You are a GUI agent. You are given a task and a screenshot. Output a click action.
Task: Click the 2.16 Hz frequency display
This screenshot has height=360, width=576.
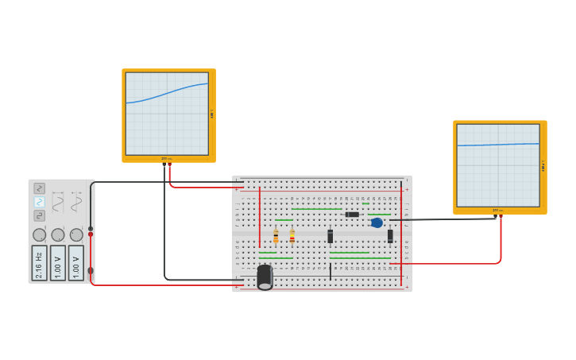39,262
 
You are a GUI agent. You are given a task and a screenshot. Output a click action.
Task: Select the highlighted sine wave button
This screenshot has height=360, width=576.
39,202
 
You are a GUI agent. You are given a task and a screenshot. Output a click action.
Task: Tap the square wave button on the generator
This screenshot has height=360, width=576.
39,215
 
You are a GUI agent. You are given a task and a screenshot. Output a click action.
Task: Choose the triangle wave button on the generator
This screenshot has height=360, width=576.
39,188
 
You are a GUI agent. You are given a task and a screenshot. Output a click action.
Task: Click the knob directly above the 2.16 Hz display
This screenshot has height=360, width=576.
39,235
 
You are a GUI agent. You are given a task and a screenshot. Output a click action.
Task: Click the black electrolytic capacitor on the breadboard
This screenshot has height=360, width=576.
265,277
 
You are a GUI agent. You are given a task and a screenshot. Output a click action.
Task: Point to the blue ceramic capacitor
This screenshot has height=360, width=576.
377,223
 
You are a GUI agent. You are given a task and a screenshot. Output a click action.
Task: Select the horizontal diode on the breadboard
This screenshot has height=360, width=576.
352,215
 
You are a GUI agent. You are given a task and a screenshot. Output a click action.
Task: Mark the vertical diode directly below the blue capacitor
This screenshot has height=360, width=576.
390,236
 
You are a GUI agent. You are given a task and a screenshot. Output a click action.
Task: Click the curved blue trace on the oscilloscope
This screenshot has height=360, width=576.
167,95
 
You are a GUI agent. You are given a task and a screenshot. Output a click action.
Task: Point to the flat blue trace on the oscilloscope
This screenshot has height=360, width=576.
498,145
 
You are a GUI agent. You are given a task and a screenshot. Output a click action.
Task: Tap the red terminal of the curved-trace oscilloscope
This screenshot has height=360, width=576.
169,165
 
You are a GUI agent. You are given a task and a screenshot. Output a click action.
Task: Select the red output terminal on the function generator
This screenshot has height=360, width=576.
91,234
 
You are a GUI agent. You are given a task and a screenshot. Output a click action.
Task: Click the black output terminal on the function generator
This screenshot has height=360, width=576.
91,229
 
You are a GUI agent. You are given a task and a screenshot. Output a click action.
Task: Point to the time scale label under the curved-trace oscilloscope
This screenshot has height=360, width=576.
166,159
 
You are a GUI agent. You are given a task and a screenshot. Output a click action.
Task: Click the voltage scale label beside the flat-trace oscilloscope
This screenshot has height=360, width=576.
543,166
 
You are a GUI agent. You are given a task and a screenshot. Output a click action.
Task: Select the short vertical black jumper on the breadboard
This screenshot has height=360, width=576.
331,272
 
